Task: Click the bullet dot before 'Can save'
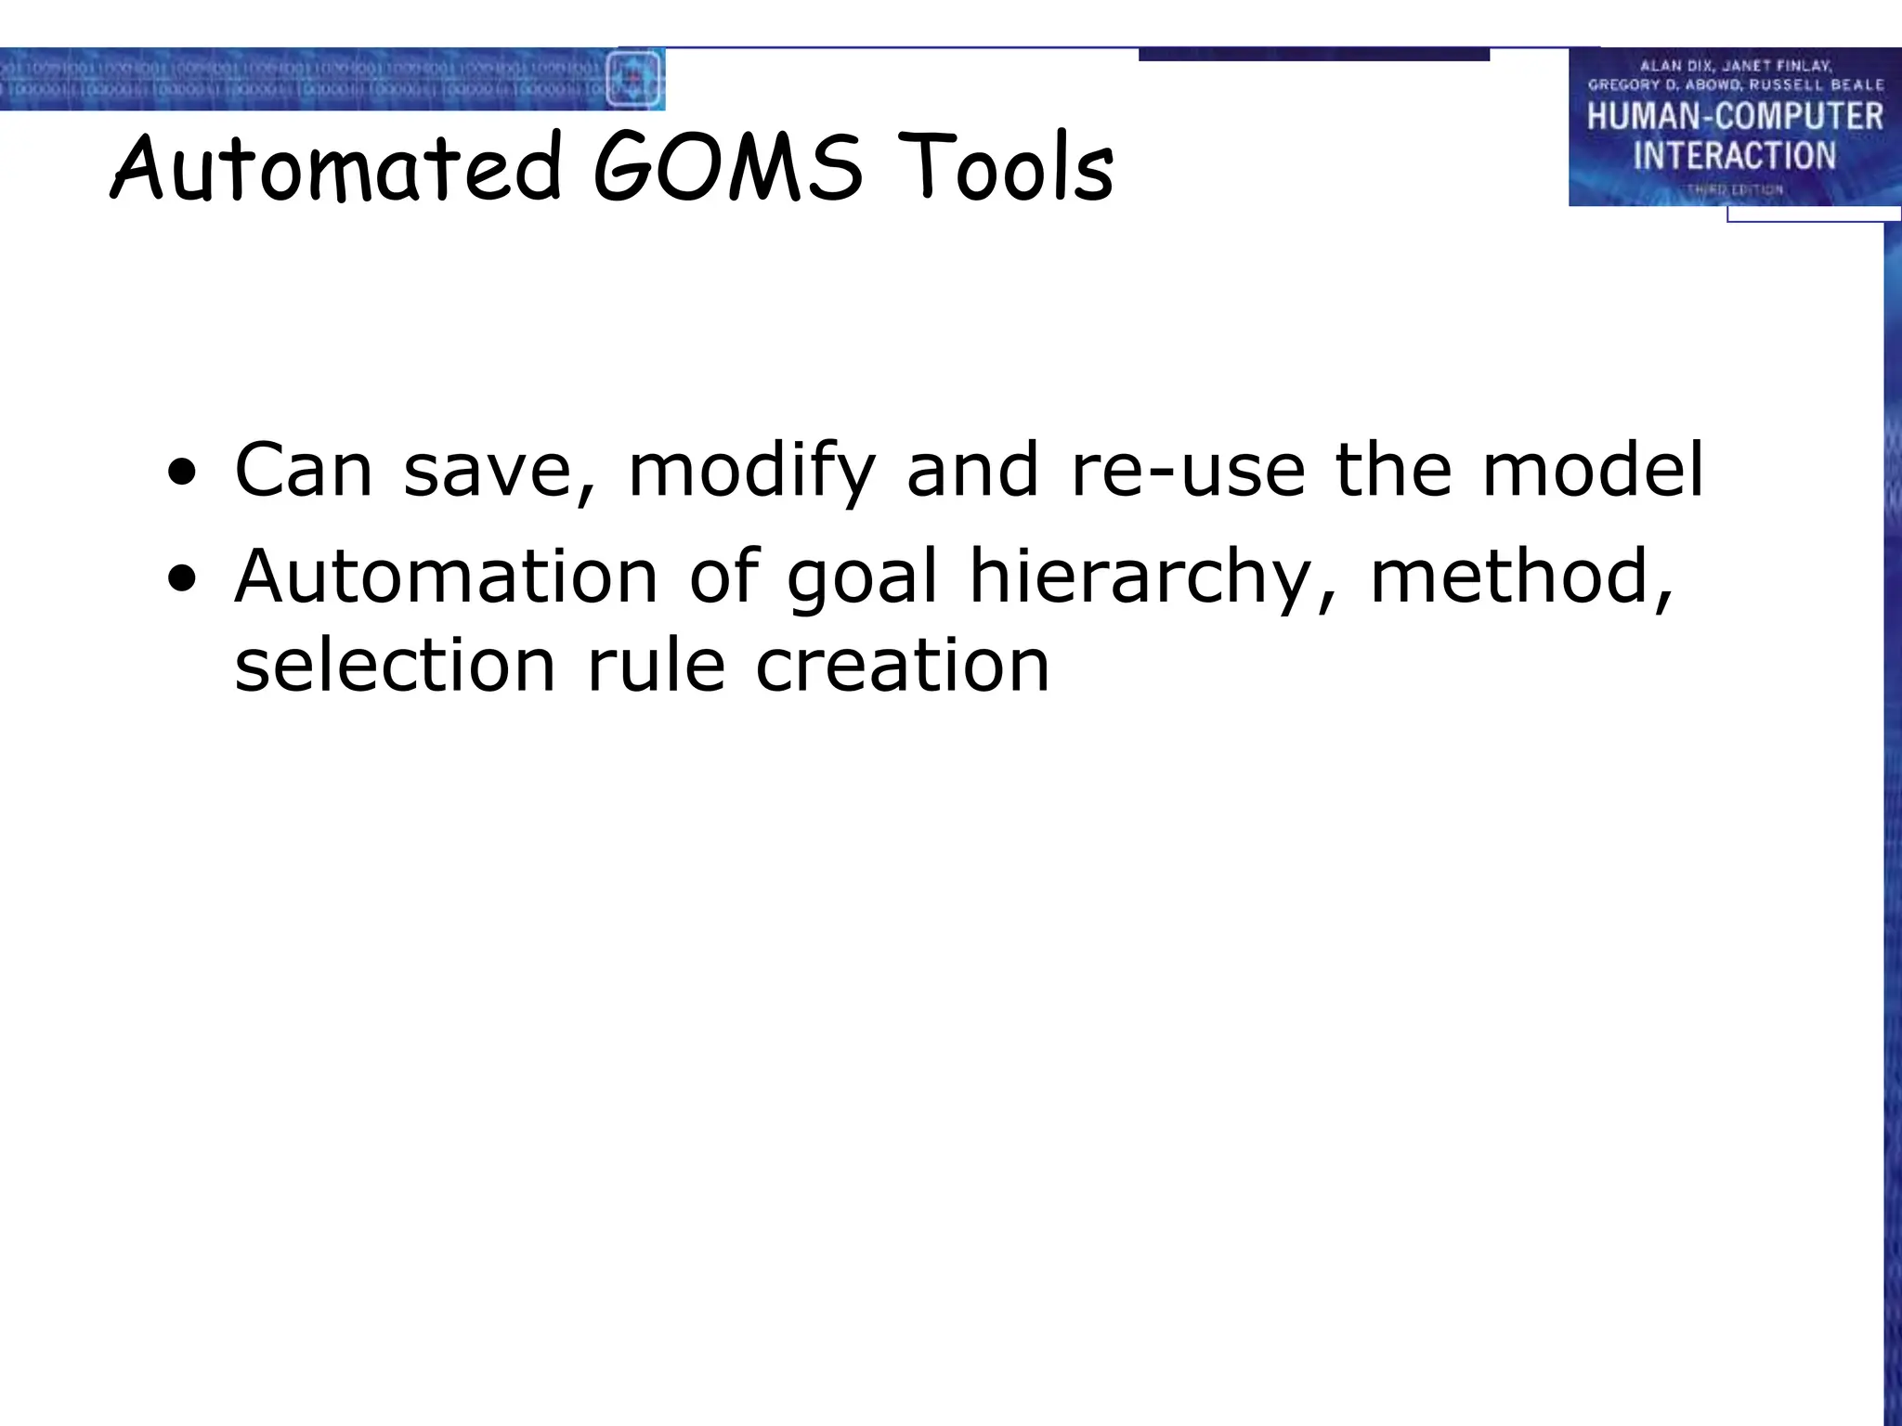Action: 182,473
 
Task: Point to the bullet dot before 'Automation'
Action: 182,579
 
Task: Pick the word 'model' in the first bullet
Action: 1593,470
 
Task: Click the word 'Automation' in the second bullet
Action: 447,577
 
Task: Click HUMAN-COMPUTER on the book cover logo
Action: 1735,116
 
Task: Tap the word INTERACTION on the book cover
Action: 1735,155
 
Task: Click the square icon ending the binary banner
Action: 633,78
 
